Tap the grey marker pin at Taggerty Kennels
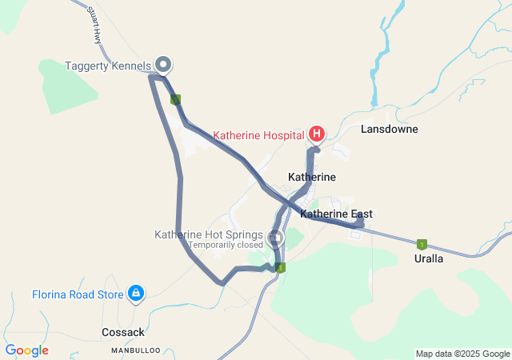coord(163,63)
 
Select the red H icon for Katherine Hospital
coord(317,134)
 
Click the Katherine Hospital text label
coord(258,135)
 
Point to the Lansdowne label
coord(390,129)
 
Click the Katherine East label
coord(336,214)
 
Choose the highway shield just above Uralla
coord(422,245)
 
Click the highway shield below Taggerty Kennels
coord(175,99)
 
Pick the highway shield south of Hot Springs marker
coord(280,268)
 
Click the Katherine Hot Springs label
coord(209,234)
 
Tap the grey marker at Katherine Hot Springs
coord(276,238)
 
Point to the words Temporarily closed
coord(225,245)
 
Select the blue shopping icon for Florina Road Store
coord(136,294)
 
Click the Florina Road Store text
coord(78,294)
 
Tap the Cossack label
coord(123,332)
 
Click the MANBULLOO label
coord(136,350)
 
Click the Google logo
coord(26,350)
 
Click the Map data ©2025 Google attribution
coord(462,354)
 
